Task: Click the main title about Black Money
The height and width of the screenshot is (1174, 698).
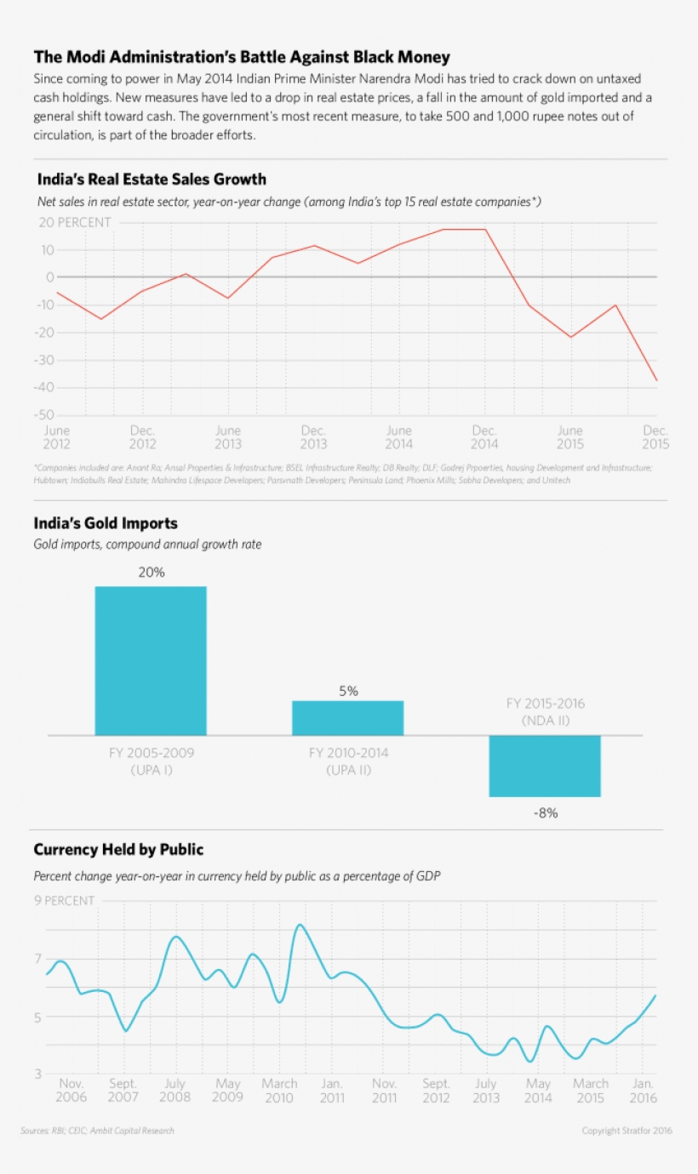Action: pos(242,57)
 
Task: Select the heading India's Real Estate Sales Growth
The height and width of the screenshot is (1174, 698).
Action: pos(152,180)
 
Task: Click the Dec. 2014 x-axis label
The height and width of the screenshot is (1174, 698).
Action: pos(484,437)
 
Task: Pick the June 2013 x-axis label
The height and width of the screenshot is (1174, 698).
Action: pos(227,437)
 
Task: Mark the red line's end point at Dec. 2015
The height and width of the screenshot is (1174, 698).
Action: pos(656,380)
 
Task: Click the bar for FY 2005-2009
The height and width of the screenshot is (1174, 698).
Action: pos(151,660)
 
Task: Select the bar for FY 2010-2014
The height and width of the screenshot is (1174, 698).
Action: pos(347,718)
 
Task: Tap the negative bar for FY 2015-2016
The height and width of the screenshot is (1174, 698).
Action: pos(545,766)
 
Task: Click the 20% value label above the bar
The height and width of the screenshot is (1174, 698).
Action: pos(152,573)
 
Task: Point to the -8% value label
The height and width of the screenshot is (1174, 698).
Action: pos(545,813)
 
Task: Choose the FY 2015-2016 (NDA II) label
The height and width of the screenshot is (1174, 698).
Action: pos(545,712)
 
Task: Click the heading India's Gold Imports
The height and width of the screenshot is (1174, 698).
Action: pos(106,523)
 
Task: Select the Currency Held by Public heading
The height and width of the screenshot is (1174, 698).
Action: pos(118,850)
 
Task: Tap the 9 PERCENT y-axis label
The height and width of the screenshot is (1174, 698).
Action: pos(64,901)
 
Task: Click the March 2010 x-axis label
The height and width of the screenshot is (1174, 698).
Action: pos(279,1091)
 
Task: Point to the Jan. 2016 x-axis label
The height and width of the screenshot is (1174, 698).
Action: pos(644,1091)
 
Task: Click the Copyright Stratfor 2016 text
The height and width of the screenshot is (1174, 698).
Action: pos(626,1131)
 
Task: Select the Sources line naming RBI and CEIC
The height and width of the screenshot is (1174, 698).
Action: pos(97,1131)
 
